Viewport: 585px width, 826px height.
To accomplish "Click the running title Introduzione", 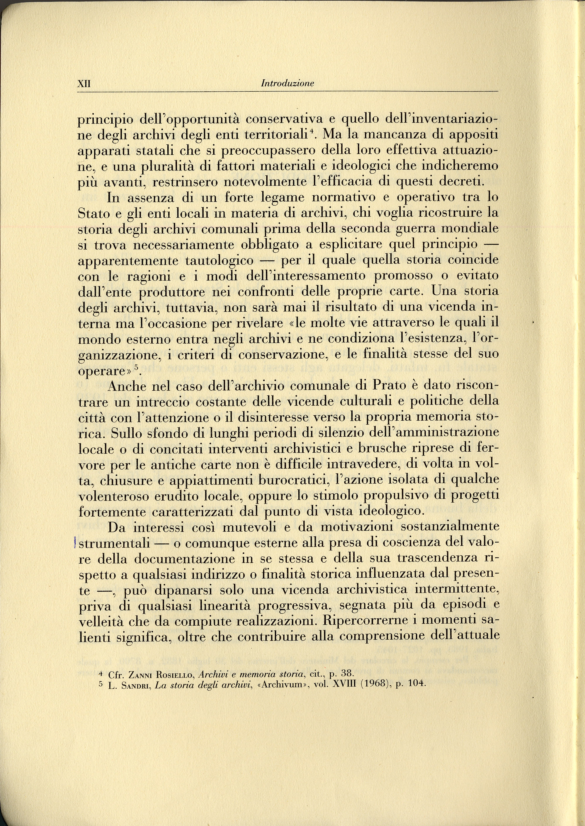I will (x=288, y=83).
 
